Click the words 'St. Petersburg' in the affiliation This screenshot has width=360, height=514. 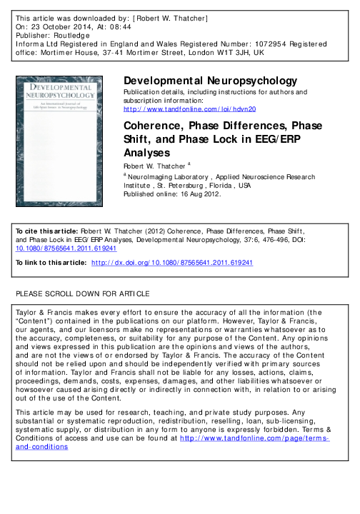[184, 183]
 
